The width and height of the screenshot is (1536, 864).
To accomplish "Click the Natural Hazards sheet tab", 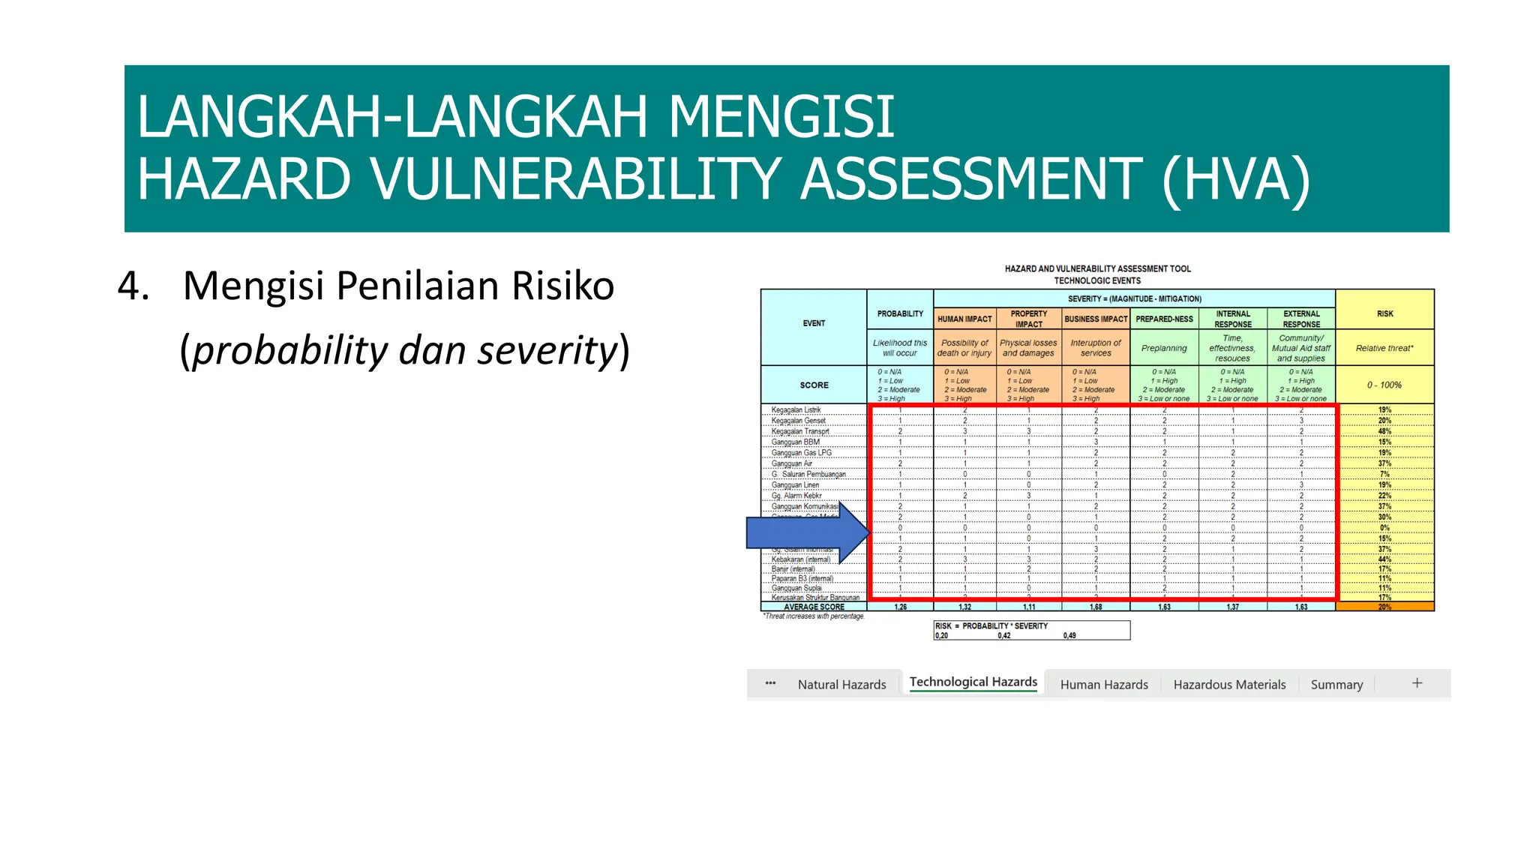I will (841, 684).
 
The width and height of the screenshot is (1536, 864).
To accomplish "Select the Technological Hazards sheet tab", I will (973, 682).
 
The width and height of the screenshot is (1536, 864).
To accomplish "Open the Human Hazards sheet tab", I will (1104, 684).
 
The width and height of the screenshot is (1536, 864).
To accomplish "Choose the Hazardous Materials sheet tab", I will (1229, 684).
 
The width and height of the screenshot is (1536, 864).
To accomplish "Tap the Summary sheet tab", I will (1336, 684).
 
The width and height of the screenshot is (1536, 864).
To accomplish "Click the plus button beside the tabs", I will (1417, 682).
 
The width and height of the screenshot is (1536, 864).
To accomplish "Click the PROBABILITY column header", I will (900, 313).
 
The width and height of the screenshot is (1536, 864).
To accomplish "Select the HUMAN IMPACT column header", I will (964, 319).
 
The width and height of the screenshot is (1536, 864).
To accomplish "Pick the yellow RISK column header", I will (1384, 313).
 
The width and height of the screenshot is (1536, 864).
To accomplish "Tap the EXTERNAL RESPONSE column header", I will (1301, 319).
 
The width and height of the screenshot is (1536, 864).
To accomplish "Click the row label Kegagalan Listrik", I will (796, 410).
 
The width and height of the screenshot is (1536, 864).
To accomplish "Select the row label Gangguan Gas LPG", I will (801, 453).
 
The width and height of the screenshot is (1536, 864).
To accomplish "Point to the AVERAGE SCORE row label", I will (814, 607).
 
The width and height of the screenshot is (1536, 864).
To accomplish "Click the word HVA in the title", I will (1235, 180).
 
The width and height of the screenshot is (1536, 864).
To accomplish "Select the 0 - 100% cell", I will (1384, 385).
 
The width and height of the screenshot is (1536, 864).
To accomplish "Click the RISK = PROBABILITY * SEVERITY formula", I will (991, 625).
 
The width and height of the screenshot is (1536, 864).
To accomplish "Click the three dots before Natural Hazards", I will (770, 683).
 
